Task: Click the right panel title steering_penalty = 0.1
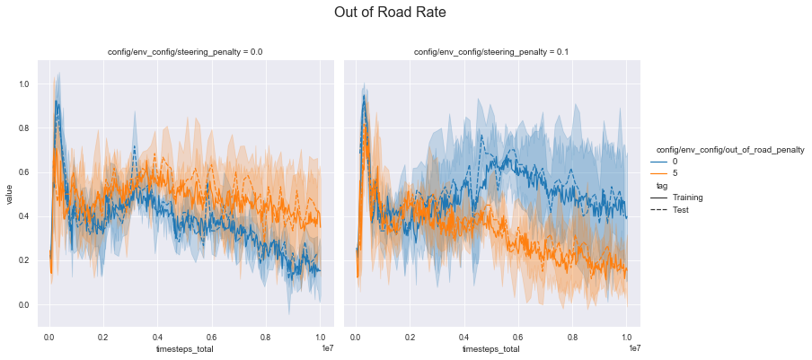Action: (491, 52)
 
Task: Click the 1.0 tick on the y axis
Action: (24, 84)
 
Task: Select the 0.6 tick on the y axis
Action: (24, 172)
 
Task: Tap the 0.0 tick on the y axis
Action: (24, 305)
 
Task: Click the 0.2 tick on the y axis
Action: (24, 261)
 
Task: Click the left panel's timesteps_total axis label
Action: (185, 348)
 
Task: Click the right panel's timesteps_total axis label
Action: (491, 348)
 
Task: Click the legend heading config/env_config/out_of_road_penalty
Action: (728, 149)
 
